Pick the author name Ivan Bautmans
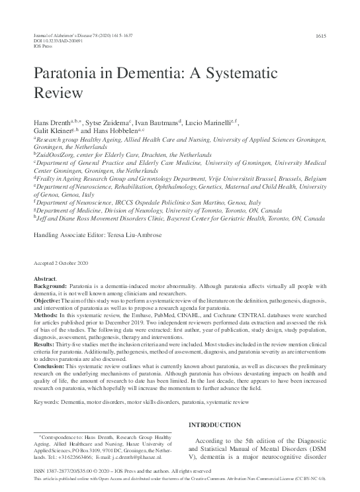tap(157, 124)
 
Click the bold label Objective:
tap(48, 300)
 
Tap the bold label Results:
tap(45, 344)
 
